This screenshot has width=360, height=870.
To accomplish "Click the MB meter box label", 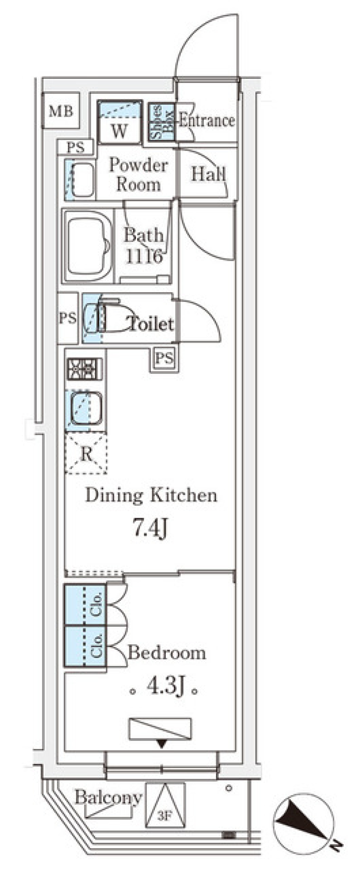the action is pyautogui.click(x=61, y=111).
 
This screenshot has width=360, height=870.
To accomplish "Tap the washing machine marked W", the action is pyautogui.click(x=120, y=122).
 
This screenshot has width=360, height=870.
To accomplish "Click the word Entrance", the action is pyautogui.click(x=207, y=120).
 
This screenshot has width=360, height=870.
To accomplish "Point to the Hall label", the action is pyautogui.click(x=208, y=174).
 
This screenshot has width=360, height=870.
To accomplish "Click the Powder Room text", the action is pyautogui.click(x=138, y=174).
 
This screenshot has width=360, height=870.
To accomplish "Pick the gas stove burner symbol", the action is pyautogui.click(x=84, y=369).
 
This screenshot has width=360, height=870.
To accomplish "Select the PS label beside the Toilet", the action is pyautogui.click(x=67, y=318).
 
